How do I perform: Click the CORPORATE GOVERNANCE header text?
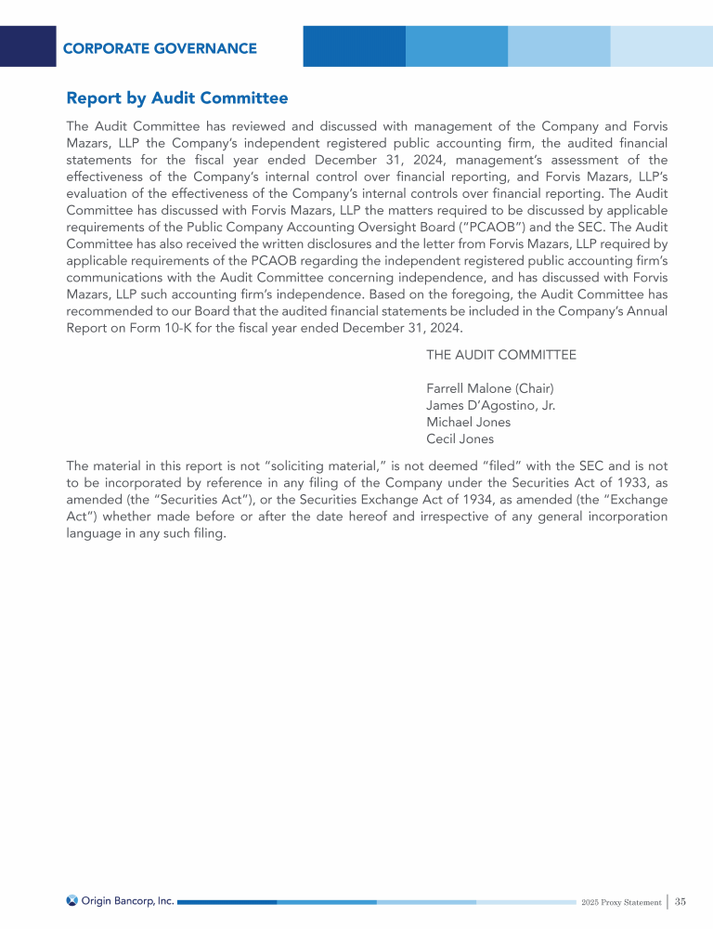pos(160,48)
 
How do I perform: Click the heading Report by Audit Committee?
pos(177,98)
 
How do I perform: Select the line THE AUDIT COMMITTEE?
pos(500,355)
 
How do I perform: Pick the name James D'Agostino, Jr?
pos(490,405)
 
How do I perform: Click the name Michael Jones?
pos(468,422)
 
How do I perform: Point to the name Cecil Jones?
pos(460,438)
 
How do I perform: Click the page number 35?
pos(681,901)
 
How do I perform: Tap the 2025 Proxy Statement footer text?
pos(621,902)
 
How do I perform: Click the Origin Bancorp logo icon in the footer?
pos(72,900)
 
